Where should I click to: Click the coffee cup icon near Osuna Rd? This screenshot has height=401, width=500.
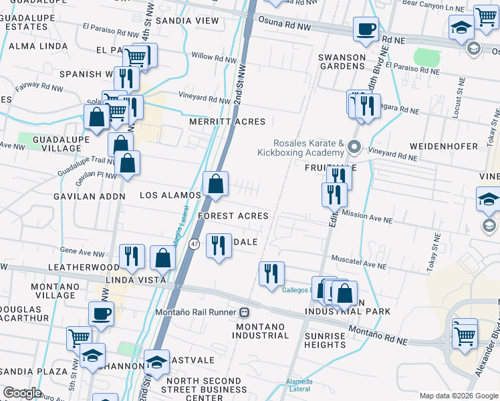366,30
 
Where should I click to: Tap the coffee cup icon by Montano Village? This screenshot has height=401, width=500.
101,313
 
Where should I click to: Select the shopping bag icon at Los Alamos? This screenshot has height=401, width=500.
216,184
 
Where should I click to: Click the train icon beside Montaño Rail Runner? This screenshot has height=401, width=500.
245,312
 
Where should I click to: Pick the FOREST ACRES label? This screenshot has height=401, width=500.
233,216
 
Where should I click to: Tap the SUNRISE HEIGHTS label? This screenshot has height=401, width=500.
325,340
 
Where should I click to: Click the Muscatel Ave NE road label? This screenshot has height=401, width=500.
359,261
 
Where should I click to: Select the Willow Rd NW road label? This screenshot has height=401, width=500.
214,59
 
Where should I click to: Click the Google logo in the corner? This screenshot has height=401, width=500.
21,392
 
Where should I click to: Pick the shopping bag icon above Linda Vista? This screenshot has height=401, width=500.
162,258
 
